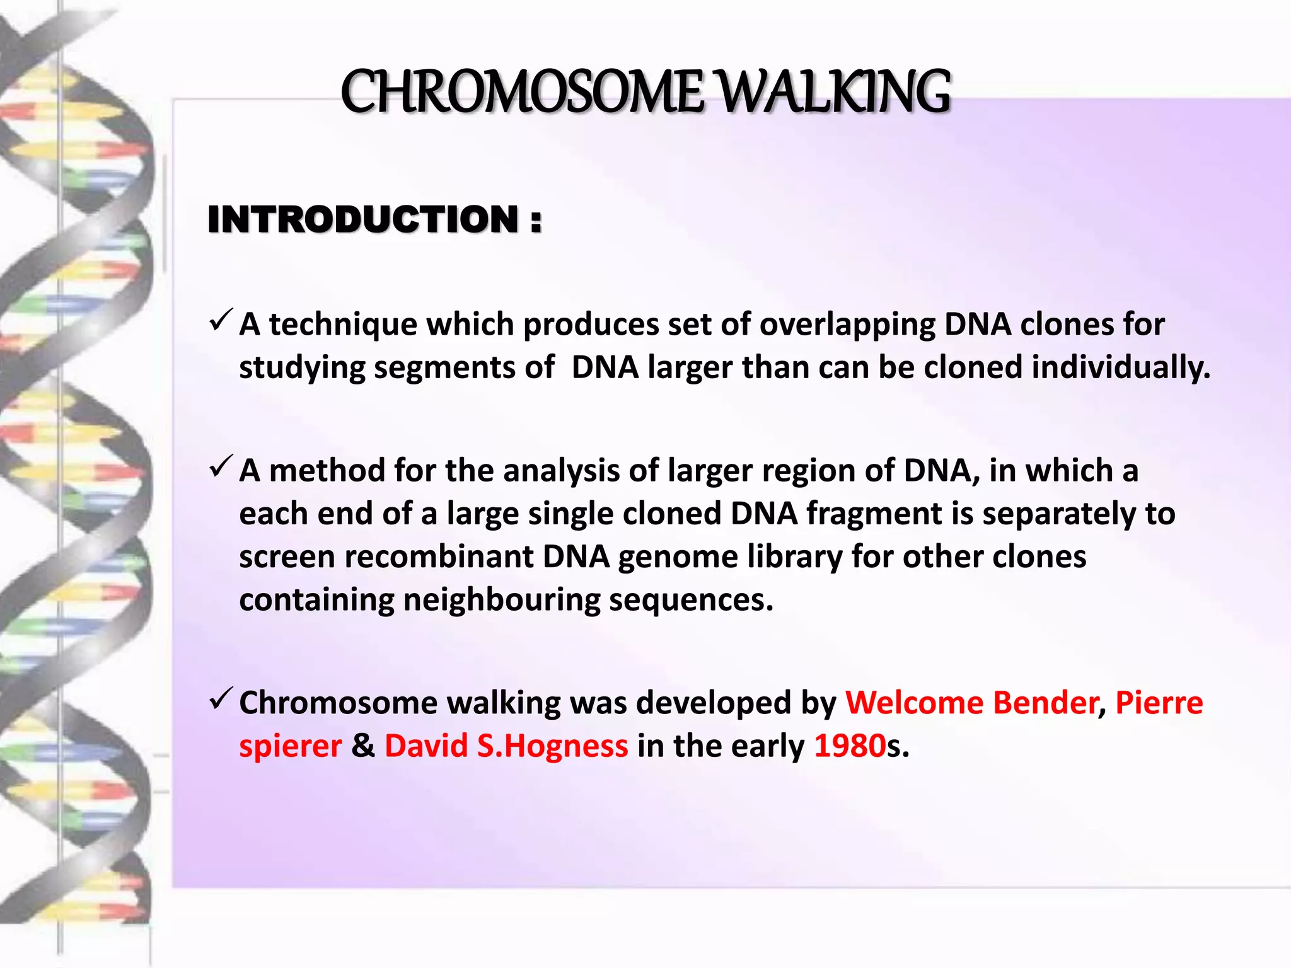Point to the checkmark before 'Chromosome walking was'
point(221,699)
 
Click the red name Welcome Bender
point(971,703)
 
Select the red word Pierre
point(1159,703)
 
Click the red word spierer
point(290,746)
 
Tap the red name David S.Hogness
point(506,746)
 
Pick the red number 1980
point(850,746)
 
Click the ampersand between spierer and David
point(363,746)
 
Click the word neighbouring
point(501,600)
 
